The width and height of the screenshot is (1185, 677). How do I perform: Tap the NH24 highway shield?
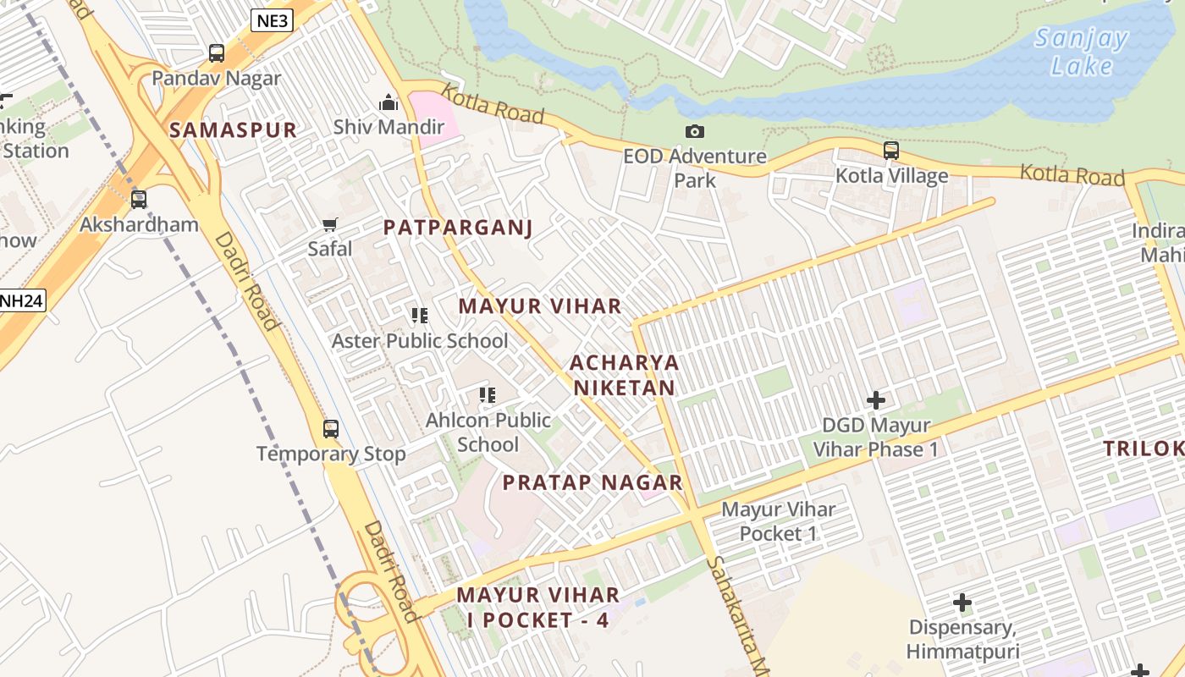(x=21, y=300)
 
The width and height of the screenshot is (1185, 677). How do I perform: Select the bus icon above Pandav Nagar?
(x=217, y=53)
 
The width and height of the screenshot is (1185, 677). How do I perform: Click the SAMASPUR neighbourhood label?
(x=233, y=129)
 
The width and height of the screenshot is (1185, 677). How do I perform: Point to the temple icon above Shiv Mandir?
(x=389, y=102)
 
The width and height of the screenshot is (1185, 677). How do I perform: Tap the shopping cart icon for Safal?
(x=330, y=224)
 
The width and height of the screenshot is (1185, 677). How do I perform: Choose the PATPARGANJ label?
(x=457, y=228)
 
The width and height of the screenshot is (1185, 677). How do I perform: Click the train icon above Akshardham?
(x=139, y=200)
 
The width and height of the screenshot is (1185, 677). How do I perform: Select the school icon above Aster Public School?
(x=420, y=316)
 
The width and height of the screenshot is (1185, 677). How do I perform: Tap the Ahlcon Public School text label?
(x=488, y=432)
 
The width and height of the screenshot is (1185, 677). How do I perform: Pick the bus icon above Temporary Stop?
(x=331, y=428)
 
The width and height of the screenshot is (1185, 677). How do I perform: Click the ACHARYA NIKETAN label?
(x=625, y=375)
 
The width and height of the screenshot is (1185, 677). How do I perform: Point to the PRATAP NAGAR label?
(x=592, y=482)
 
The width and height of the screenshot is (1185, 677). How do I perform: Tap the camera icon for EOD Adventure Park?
(x=695, y=131)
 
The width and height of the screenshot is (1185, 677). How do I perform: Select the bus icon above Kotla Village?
(x=891, y=151)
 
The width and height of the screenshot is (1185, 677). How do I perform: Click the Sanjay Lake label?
(x=1081, y=52)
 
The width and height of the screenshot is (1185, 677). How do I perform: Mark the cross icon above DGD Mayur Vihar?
(x=876, y=399)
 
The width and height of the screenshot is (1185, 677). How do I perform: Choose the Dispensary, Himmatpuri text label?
(x=962, y=639)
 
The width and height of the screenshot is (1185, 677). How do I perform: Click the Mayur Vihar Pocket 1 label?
(x=778, y=521)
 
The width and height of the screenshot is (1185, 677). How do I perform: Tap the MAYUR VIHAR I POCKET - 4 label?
(x=538, y=607)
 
